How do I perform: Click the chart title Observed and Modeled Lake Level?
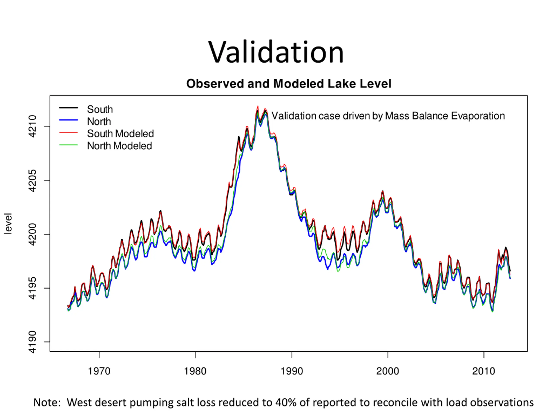[289, 84]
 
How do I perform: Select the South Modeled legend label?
[120, 134]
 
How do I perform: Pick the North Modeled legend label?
[119, 146]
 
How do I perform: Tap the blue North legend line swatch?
[68, 120]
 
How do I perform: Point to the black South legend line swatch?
[68, 108]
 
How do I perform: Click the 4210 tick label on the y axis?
[32, 126]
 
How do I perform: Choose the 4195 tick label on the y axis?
[32, 288]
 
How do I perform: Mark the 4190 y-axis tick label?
[32, 342]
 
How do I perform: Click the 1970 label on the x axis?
[99, 371]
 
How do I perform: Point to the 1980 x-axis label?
[195, 371]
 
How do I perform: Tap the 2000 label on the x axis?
[388, 371]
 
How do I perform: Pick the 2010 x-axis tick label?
[483, 371]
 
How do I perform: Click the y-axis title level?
[8, 223]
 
